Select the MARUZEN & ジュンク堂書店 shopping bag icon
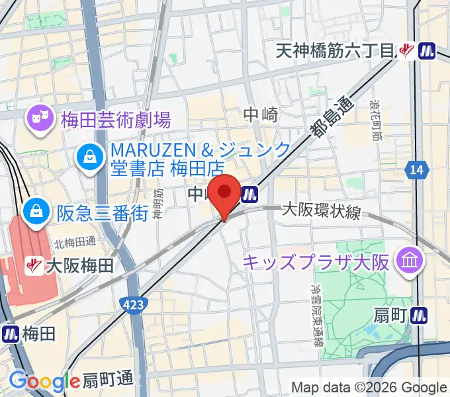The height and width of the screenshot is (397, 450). coord(88,157)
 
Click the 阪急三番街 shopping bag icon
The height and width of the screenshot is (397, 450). coord(34,212)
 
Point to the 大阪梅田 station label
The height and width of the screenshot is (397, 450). coord(79,266)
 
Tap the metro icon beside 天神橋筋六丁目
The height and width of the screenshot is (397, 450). coord(428,50)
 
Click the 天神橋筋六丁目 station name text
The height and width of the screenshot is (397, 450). coord(335,50)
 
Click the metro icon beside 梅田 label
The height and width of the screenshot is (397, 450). coord(10,333)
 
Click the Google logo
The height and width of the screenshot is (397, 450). coord(44,381)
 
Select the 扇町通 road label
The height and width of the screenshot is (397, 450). coord(108,380)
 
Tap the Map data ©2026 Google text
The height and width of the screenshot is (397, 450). coord(369,387)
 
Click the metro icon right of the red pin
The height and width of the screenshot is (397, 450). coord(249,194)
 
